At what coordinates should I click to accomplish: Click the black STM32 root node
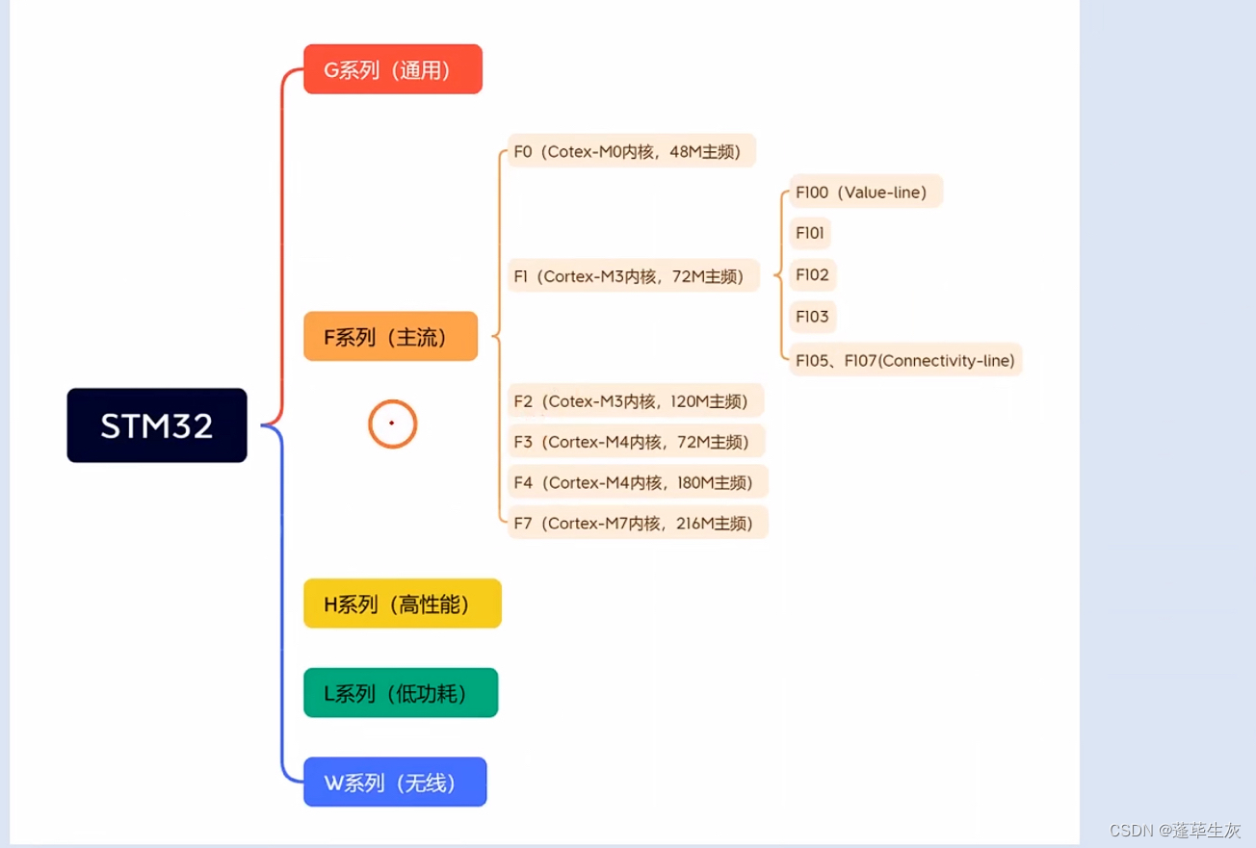pos(157,425)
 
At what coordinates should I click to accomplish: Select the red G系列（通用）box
pos(392,69)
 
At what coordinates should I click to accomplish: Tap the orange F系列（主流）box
pos(390,337)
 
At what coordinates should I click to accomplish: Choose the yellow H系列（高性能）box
pos(402,604)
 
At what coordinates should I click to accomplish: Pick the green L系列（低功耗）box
pos(400,693)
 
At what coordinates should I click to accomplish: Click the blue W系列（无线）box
pos(394,783)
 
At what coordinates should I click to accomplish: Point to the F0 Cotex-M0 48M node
pos(631,151)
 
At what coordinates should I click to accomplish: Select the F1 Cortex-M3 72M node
pos(633,276)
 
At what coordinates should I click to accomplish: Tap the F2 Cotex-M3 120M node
pos(635,401)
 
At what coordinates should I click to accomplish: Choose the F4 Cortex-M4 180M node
pos(637,482)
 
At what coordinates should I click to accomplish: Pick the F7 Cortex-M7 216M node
pos(637,523)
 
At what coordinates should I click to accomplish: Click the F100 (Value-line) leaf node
pos(865,193)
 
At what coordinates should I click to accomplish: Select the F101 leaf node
pos(810,234)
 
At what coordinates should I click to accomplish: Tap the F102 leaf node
pos(812,275)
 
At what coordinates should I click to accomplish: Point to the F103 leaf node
pos(812,317)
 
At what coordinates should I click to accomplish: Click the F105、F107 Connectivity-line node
pos(904,361)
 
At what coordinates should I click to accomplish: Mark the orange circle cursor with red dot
pos(392,424)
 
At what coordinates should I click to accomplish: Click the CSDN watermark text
pos(1174,830)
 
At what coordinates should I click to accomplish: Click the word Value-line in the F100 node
pos(882,193)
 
